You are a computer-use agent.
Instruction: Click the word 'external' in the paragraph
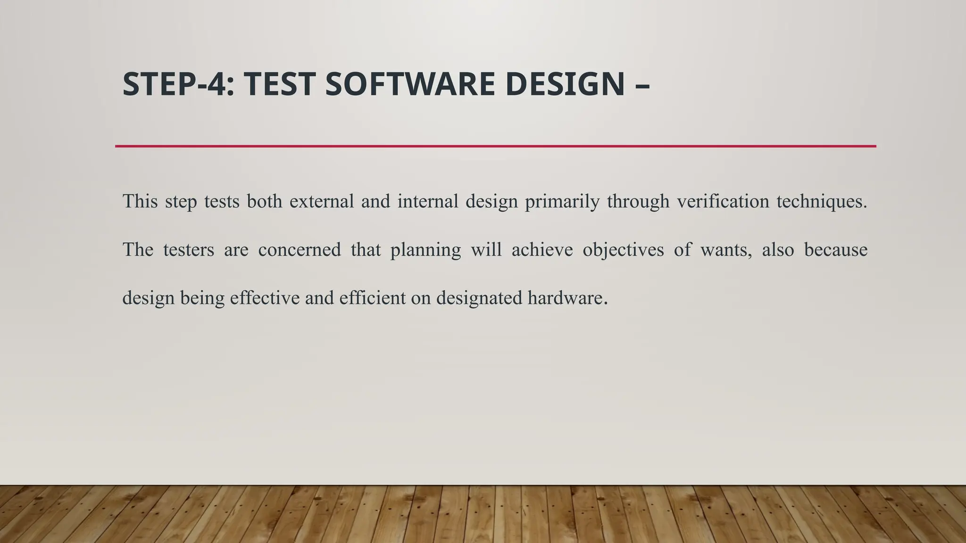322,202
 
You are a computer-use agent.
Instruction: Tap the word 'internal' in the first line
428,202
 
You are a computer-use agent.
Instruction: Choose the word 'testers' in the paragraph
189,250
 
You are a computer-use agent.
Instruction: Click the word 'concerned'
300,250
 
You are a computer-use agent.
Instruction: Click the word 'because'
835,250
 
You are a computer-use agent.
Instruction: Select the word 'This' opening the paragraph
140,202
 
